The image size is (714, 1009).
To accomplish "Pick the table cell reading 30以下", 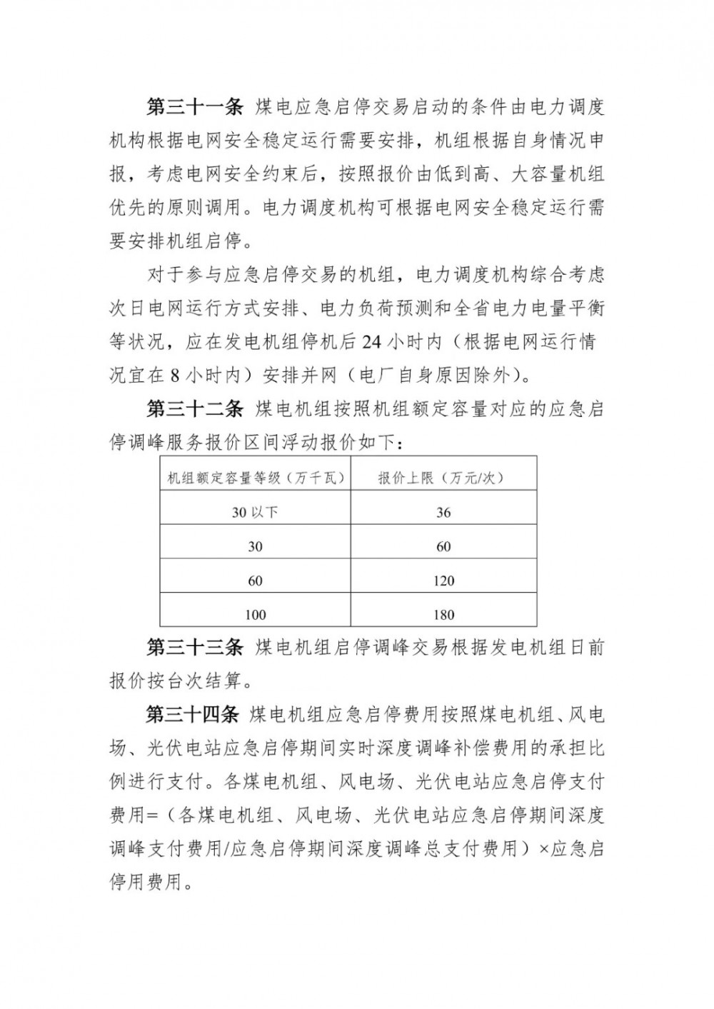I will tap(256, 512).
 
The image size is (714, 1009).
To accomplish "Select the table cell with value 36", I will tap(443, 512).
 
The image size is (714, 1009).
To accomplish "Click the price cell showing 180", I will tap(443, 614).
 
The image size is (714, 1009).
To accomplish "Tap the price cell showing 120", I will tap(443, 581).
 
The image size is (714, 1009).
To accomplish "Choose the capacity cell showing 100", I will tap(256, 614).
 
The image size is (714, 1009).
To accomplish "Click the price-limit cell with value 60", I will tap(443, 546).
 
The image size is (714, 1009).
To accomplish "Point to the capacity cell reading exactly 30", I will tap(256, 546).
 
